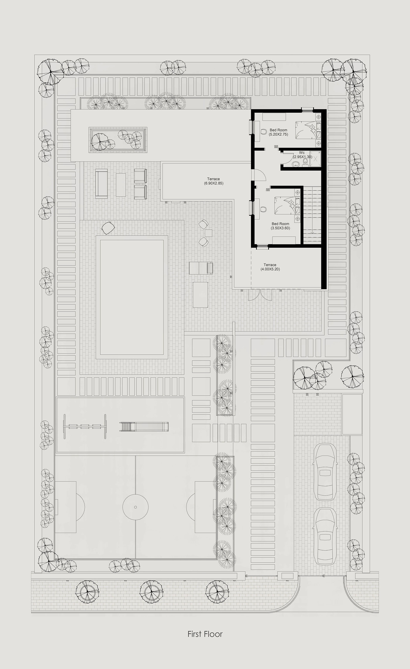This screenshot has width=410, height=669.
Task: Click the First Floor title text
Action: [x=205, y=634]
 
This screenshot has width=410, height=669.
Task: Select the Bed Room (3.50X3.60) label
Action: [x=280, y=226]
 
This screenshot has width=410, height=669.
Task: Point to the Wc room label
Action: [x=302, y=154]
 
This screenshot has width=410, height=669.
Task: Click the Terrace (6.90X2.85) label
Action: [x=214, y=181]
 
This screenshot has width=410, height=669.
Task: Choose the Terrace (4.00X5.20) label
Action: [x=270, y=267]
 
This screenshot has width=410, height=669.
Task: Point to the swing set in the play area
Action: [x=85, y=426]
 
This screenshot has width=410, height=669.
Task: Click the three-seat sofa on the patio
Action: [x=101, y=184]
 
